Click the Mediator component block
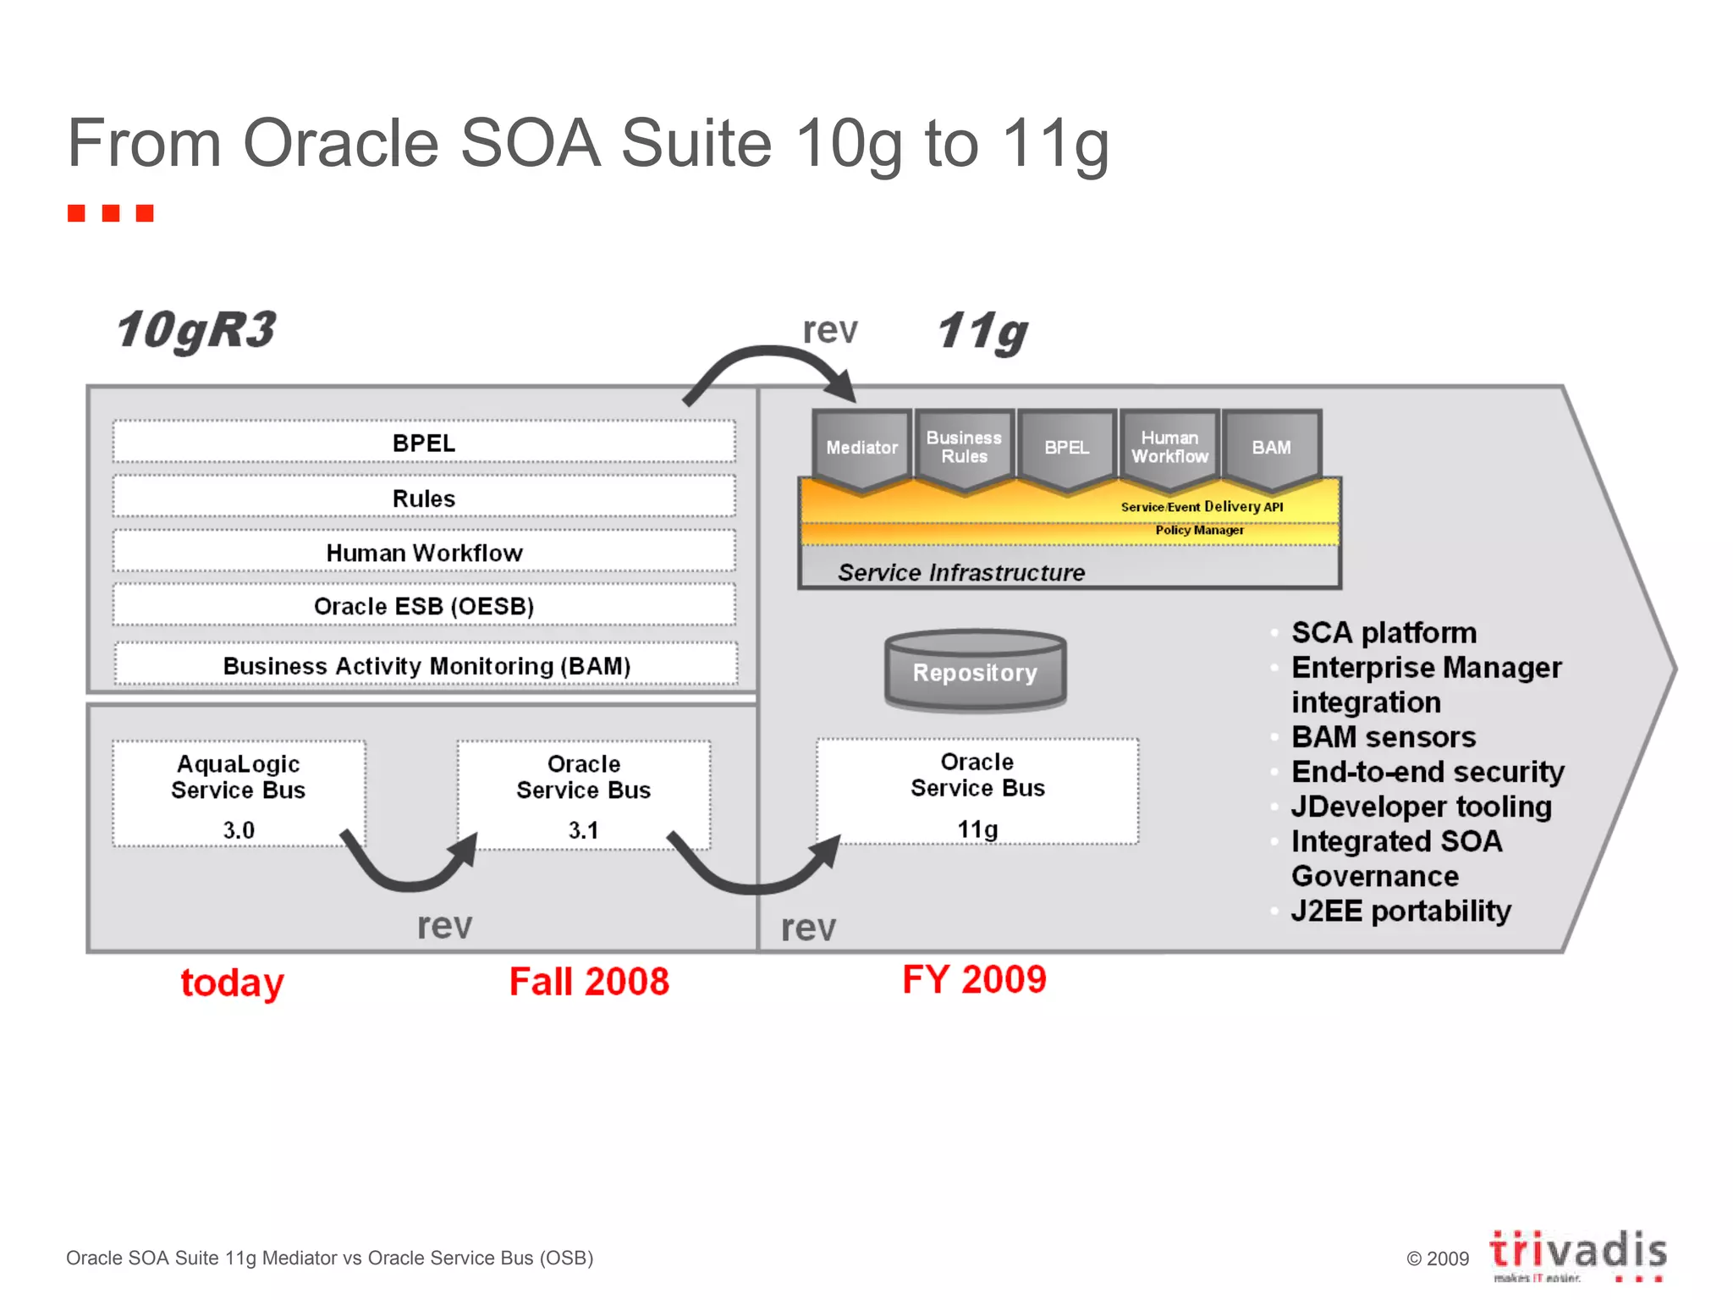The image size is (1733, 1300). click(861, 448)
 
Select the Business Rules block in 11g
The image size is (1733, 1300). click(964, 448)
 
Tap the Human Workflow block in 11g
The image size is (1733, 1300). click(1169, 448)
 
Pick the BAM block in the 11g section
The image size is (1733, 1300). click(1271, 448)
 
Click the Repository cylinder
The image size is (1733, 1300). click(975, 672)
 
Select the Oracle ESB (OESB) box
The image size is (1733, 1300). click(424, 606)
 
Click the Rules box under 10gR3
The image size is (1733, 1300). click(424, 498)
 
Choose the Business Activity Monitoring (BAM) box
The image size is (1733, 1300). click(426, 665)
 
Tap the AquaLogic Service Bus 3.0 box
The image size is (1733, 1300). click(239, 794)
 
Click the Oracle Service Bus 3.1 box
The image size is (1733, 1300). click(584, 794)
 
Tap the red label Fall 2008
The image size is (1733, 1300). click(589, 982)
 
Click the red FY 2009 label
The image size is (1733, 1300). click(974, 979)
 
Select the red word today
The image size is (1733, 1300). click(232, 983)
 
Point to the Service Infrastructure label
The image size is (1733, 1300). click(961, 573)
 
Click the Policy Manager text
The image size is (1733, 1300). click(1199, 531)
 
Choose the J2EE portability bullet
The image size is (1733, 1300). click(1400, 912)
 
